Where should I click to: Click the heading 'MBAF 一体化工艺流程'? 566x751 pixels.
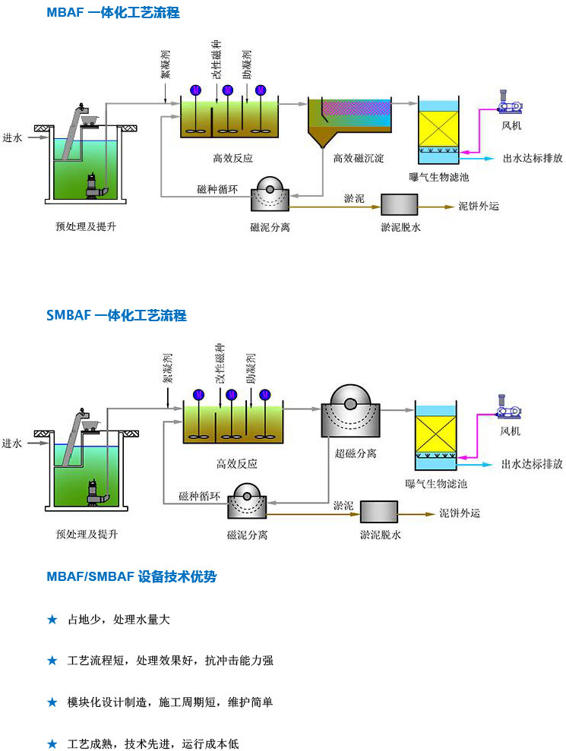click(113, 13)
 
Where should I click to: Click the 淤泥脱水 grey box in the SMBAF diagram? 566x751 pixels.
click(380, 512)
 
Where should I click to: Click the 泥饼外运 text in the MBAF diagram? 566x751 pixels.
click(479, 206)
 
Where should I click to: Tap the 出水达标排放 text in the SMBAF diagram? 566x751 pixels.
click(532, 464)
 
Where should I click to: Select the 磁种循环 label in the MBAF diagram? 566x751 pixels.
click(218, 188)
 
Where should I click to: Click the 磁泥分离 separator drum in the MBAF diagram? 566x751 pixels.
click(270, 195)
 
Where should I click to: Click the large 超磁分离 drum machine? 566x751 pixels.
click(349, 415)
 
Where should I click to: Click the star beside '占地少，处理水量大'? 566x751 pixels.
click(52, 620)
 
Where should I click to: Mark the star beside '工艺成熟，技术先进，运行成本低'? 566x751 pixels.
click(52, 743)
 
